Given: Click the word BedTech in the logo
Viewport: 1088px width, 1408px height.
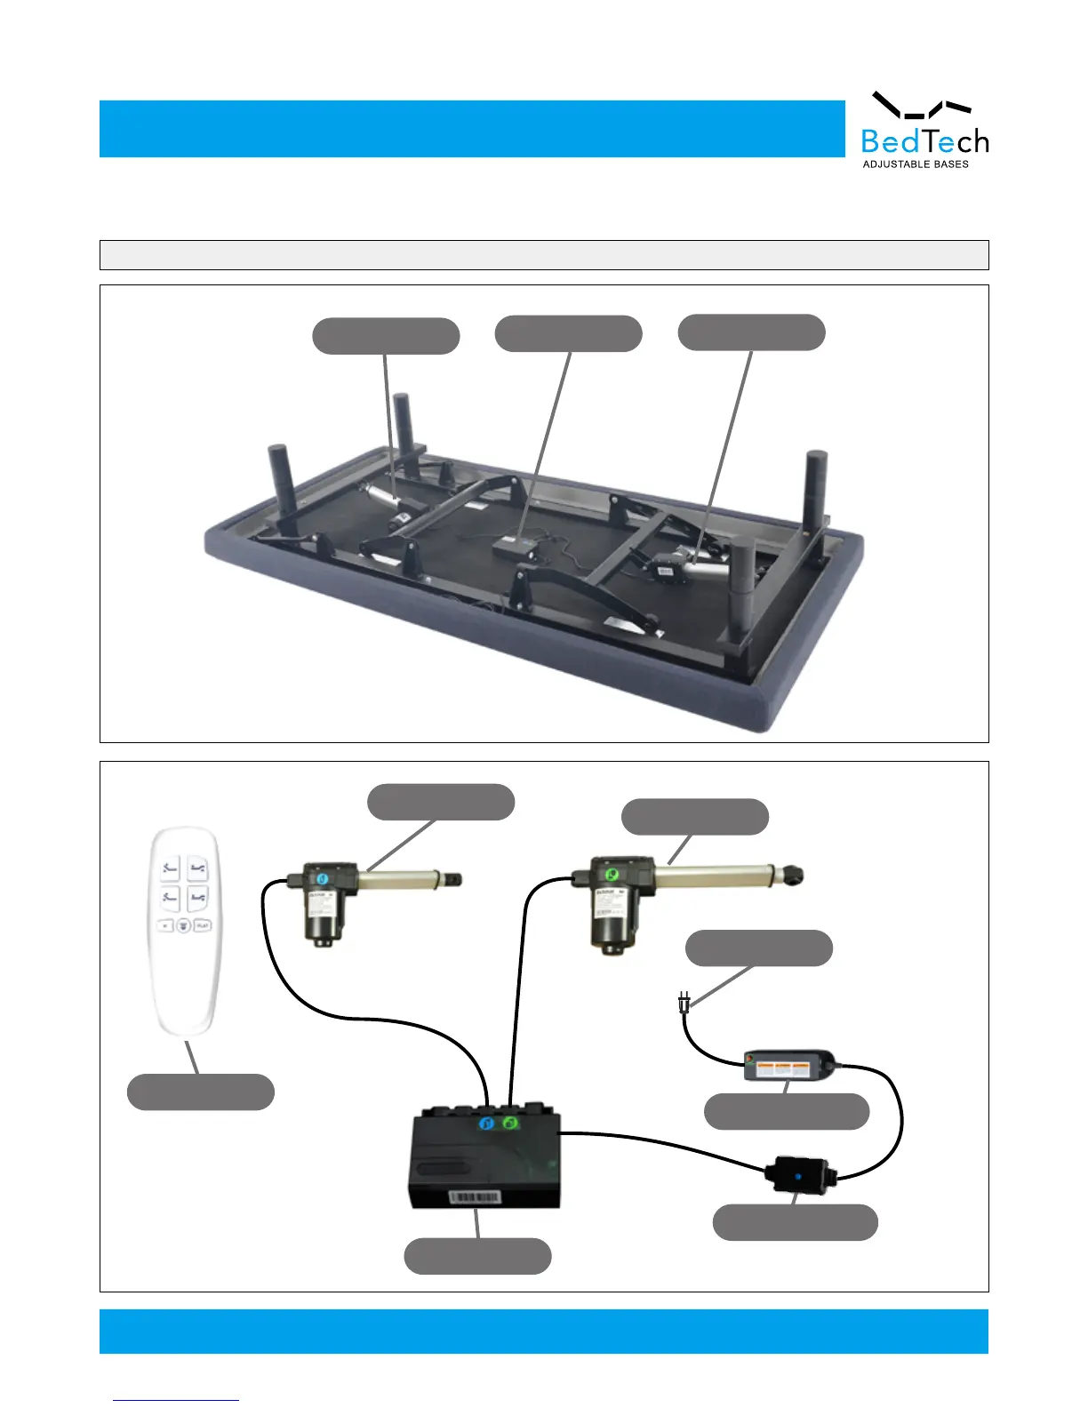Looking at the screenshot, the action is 924,141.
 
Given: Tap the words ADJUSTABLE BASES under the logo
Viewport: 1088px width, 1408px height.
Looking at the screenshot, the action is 916,164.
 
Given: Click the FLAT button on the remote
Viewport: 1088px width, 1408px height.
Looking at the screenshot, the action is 203,925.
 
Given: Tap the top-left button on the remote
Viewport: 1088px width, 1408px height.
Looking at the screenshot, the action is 170,868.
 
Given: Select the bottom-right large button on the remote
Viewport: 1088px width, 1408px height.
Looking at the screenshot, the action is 198,898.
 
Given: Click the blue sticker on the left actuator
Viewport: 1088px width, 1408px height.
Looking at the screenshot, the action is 321,879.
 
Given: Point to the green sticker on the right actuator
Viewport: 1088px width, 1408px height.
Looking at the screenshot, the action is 610,876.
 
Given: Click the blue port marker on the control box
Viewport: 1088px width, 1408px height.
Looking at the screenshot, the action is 486,1124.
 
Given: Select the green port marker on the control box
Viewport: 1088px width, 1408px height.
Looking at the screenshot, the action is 509,1124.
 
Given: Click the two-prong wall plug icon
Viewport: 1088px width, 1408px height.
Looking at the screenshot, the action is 683,1004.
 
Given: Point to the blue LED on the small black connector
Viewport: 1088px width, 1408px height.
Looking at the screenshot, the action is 798,1177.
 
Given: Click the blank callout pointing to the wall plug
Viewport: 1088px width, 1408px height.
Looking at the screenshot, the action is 759,948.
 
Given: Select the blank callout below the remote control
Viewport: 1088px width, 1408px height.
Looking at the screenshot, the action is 201,1092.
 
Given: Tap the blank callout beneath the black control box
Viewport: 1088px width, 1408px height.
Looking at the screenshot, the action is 477,1256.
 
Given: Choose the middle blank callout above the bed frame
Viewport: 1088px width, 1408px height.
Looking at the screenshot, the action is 568,333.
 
